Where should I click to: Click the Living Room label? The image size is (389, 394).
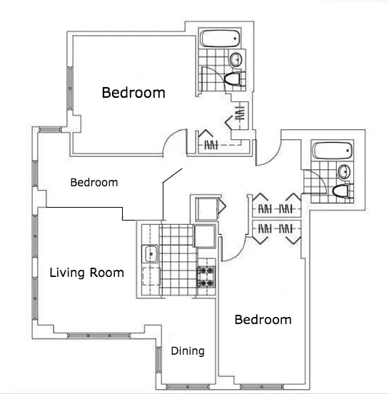86,273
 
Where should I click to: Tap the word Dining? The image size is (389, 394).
188,351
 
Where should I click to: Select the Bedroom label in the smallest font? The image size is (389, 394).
94,183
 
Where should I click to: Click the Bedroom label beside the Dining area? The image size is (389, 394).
263,320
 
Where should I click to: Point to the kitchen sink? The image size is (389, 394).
151,253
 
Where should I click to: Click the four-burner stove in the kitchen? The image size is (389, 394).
206,276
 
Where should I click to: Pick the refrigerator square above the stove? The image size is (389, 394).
205,235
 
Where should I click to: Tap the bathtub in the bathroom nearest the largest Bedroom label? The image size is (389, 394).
218,39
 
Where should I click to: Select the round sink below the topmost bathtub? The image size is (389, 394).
236,59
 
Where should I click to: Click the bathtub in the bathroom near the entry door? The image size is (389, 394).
333,152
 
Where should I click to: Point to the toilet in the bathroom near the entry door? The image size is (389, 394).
341,191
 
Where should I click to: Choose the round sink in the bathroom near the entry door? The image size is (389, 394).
343,171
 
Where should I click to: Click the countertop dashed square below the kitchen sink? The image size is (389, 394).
151,276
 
